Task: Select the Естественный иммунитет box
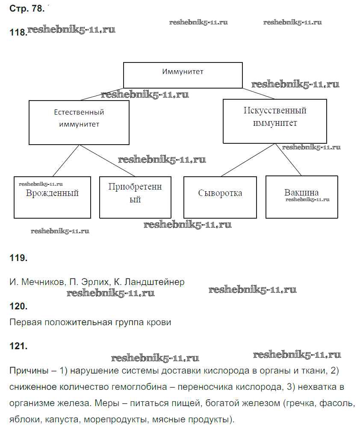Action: [x=79, y=122]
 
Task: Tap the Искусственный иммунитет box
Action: [x=274, y=121]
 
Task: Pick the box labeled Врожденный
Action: [x=52, y=197]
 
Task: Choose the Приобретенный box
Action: [x=135, y=197]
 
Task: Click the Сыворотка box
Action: [x=220, y=197]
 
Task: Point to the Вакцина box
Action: [x=301, y=197]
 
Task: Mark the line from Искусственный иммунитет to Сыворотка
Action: [x=248, y=160]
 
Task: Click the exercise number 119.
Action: [x=18, y=258]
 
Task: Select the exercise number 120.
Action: [x=18, y=306]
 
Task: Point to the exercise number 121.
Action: [x=18, y=346]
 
